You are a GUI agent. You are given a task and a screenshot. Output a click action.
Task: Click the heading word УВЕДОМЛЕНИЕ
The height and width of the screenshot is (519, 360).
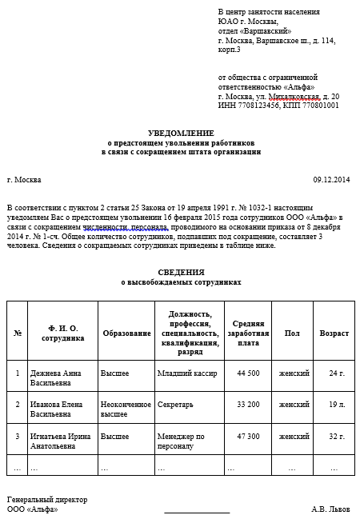pos(181,132)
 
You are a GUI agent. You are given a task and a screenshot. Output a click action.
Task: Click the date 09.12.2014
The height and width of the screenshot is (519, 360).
pos(331,180)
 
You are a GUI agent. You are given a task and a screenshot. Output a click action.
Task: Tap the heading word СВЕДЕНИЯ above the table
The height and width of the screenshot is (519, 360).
pos(180,273)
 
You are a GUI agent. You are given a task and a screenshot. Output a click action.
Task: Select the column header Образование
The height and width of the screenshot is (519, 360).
pos(126,333)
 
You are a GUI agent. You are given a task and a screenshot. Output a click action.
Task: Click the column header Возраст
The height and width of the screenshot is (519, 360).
pos(334,333)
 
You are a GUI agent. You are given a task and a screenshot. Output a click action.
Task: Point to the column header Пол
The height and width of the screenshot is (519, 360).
pos(293,333)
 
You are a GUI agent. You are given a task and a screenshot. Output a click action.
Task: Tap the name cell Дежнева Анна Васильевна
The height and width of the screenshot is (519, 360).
pos(55,377)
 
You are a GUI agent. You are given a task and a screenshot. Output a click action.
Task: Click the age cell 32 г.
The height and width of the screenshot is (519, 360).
pos(337,437)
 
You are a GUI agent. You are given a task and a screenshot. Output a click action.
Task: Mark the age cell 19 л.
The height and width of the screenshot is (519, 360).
pos(337,405)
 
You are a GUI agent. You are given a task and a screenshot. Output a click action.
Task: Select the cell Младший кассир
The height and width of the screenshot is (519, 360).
pos(183,373)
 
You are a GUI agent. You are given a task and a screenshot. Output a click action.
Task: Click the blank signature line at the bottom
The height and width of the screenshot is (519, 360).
pos(197,511)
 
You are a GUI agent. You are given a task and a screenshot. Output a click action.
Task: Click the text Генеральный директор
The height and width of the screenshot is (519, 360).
pos(47,500)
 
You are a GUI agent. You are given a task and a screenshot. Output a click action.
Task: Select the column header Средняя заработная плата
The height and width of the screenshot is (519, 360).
pos(248,333)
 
